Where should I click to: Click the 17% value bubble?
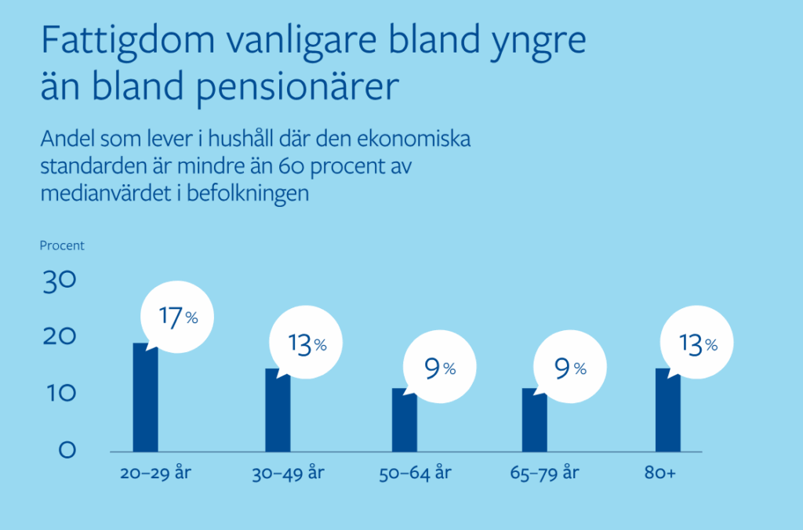177,317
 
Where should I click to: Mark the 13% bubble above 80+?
698,343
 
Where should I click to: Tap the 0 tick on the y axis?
67,450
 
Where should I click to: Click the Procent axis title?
62,245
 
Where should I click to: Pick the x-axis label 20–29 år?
156,474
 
